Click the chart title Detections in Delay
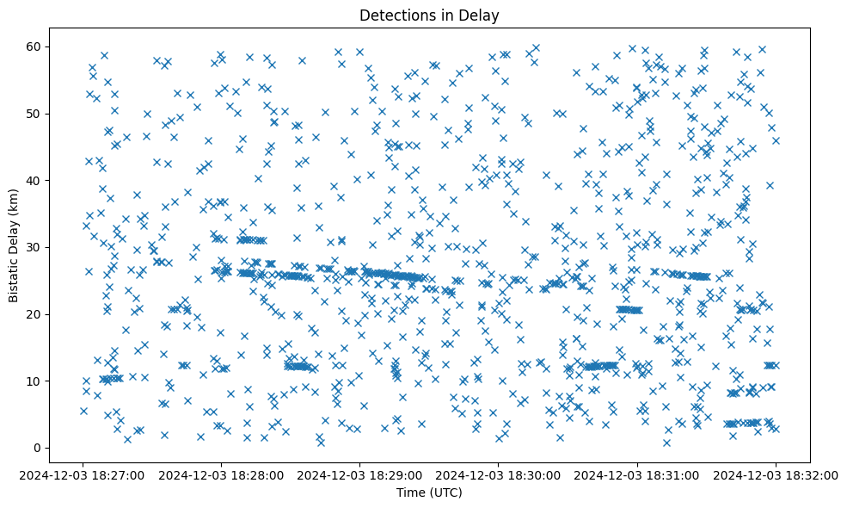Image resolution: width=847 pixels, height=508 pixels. coord(429,15)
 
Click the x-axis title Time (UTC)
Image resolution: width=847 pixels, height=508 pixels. coord(429,493)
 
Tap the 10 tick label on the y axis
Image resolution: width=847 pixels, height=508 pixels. coord(35,381)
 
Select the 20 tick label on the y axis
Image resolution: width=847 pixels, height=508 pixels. coord(35,314)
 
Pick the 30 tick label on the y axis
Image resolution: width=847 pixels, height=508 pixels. coord(35,247)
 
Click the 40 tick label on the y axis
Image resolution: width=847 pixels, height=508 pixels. coord(35,180)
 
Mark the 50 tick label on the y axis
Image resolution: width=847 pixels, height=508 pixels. coord(35,114)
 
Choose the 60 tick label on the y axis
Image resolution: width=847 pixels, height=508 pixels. coord(35,46)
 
